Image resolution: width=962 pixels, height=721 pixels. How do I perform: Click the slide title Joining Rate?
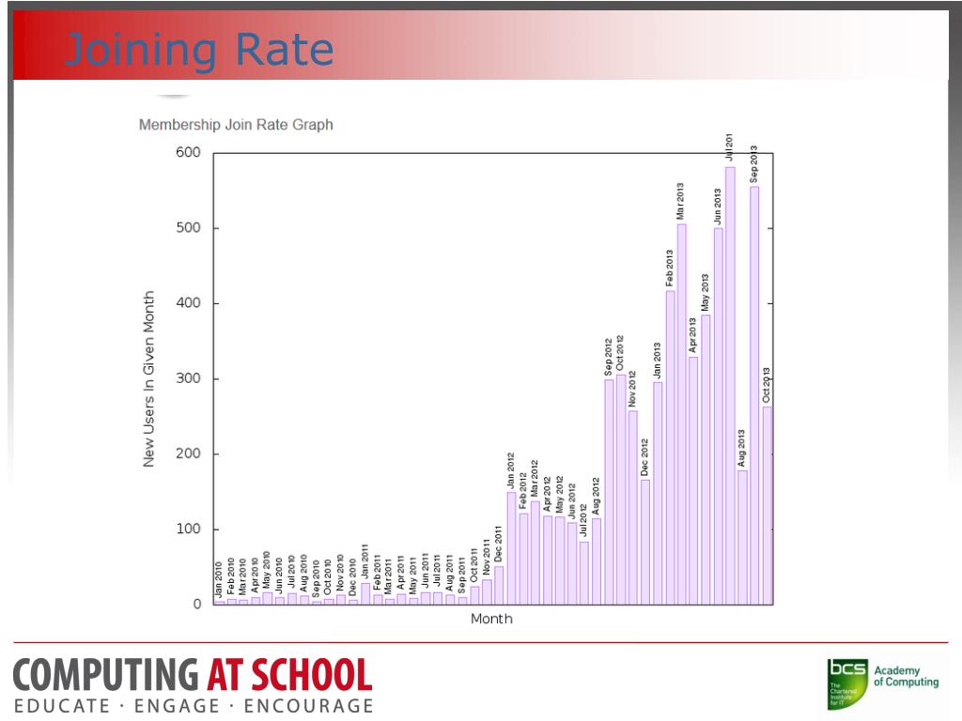pos(200,50)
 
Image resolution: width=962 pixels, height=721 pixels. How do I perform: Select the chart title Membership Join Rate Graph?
pos(236,124)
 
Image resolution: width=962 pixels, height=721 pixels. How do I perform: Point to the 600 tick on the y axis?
pos(189,153)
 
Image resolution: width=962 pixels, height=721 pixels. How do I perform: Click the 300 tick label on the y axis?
pos(189,379)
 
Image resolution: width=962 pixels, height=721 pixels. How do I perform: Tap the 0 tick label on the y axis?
pos(197,605)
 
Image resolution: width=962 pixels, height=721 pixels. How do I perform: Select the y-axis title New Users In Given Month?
pos(148,378)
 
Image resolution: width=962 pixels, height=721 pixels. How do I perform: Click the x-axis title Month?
pos(491,620)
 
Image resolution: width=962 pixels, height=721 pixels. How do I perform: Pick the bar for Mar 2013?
pos(681,413)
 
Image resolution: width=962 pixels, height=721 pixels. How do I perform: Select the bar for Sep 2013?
pos(754,394)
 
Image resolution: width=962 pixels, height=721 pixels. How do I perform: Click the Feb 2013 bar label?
pos(670,268)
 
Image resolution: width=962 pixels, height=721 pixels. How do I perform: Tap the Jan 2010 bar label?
pos(218,579)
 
